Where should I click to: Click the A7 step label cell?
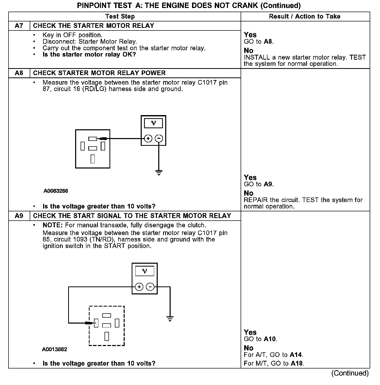coord(19,26)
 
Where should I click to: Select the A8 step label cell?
coord(19,73)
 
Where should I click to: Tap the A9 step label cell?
coord(19,216)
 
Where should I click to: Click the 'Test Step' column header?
coord(120,17)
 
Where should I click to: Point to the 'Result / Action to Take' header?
coord(305,17)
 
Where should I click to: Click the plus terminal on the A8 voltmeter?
coord(148,139)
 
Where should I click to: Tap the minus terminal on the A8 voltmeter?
coord(159,139)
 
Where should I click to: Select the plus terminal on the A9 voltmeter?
coord(139,287)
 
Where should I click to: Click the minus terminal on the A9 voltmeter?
coord(150,287)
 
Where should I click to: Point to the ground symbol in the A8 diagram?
coord(159,172)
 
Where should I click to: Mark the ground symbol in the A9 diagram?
coord(170,318)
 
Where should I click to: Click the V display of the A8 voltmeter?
coord(153,123)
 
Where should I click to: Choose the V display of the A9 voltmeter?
coord(145,271)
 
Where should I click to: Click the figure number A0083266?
coord(56,191)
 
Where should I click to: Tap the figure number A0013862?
coord(54,349)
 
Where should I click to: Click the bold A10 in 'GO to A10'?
coord(270,339)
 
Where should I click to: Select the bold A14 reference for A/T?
coord(296,355)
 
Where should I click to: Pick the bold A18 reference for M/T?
coord(297,364)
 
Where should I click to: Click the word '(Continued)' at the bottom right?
coord(350,373)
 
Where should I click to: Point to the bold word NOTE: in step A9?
coord(53,225)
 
